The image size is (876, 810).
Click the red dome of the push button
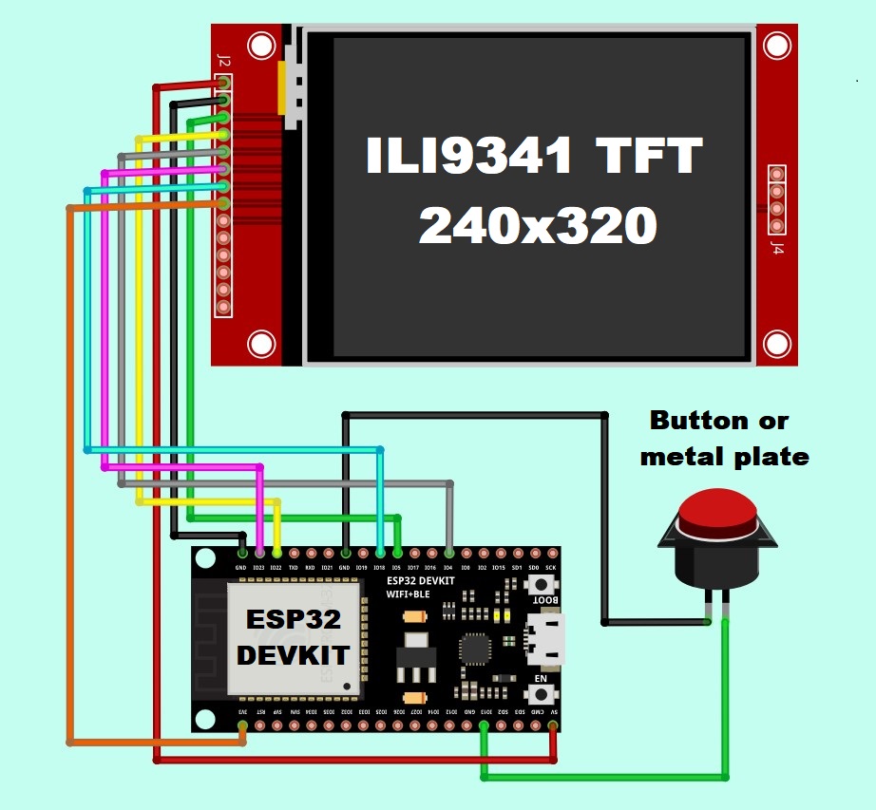click(x=717, y=513)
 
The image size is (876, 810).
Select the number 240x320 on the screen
click(x=538, y=227)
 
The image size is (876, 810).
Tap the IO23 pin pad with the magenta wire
click(x=259, y=553)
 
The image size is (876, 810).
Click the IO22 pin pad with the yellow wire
click(x=276, y=553)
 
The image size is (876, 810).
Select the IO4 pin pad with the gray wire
click(x=448, y=553)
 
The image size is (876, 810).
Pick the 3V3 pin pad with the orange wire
click(x=242, y=726)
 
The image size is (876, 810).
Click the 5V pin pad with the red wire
click(x=553, y=726)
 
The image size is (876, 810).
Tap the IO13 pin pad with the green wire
click(x=485, y=726)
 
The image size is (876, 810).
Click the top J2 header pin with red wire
click(x=224, y=84)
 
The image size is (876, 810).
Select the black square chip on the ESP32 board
click(x=475, y=650)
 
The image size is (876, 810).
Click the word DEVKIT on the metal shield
click(x=294, y=654)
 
